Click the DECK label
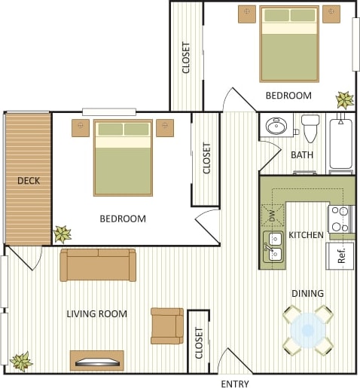[x=29, y=181]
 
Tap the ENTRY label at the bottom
[x=234, y=383]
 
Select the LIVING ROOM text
[x=96, y=313]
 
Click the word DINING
[x=307, y=293]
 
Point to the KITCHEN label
[x=306, y=235]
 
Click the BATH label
[x=302, y=155]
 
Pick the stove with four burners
[x=340, y=218]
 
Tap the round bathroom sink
[x=276, y=125]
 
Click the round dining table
[x=308, y=329]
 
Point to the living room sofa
[x=98, y=264]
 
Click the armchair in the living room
[x=166, y=325]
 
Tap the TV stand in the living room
[x=96, y=360]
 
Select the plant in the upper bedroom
[x=345, y=99]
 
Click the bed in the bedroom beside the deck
[x=123, y=157]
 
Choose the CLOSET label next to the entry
[x=200, y=342]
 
